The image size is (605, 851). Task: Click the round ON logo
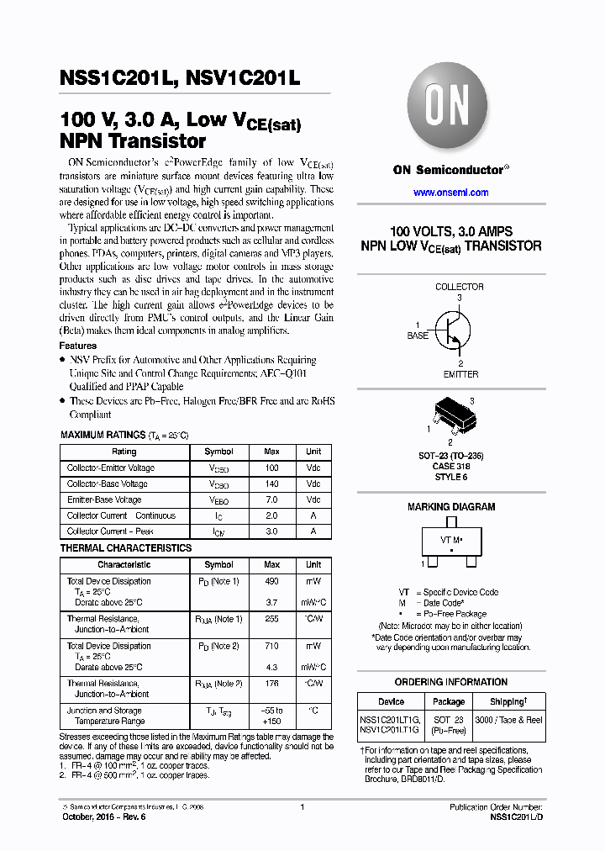pos(450,109)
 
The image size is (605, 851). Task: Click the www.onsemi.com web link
pos(451,193)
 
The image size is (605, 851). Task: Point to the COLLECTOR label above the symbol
pos(459,287)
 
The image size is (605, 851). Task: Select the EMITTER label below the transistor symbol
pos(460,374)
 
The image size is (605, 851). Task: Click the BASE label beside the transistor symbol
pos(418,336)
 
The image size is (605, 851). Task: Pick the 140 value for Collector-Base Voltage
pos(271,484)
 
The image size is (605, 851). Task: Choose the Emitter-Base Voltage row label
pos(104,499)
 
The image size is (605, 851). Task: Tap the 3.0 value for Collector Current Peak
pos(271,531)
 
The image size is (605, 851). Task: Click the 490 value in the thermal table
pos(271,581)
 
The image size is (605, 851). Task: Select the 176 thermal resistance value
pos(271,684)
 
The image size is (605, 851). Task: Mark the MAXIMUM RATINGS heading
pos(103,435)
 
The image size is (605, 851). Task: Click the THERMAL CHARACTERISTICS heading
pos(125,548)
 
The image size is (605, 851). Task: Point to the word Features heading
pos(77,346)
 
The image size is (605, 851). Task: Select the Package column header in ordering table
pos(448,701)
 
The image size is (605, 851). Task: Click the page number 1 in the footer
pos(302,807)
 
